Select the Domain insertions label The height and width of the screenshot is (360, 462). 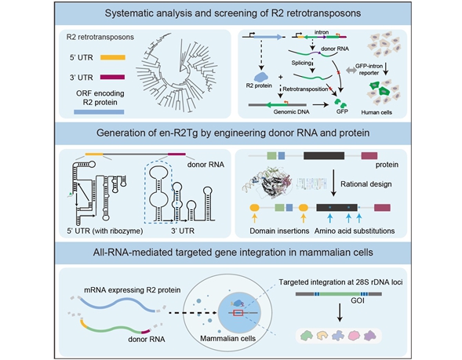click(x=278, y=231)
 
